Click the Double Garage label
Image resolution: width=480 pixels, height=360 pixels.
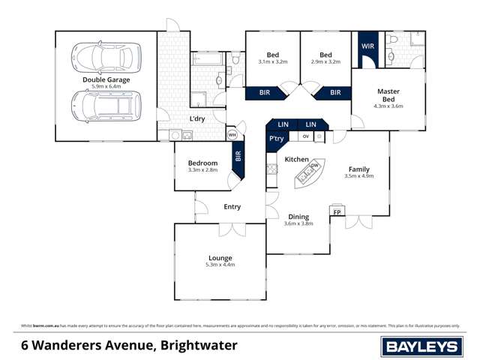106,79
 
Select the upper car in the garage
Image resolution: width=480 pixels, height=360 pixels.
106,55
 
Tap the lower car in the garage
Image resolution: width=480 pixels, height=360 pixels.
106,106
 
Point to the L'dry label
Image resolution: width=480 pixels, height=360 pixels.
197,119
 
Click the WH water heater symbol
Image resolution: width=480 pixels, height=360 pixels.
232,135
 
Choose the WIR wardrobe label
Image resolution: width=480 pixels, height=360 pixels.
367,46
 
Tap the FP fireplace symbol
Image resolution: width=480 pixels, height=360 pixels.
337,212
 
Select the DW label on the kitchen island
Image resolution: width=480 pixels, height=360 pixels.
315,166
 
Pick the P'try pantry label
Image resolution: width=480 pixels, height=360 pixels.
275,139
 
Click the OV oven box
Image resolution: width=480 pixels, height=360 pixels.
305,136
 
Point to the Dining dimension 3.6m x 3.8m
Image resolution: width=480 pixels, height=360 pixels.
298,223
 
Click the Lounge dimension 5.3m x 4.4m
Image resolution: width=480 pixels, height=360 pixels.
220,265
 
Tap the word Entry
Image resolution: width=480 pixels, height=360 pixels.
232,207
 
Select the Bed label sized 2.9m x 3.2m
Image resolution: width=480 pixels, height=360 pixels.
325,55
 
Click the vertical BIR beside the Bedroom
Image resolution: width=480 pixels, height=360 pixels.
238,157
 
